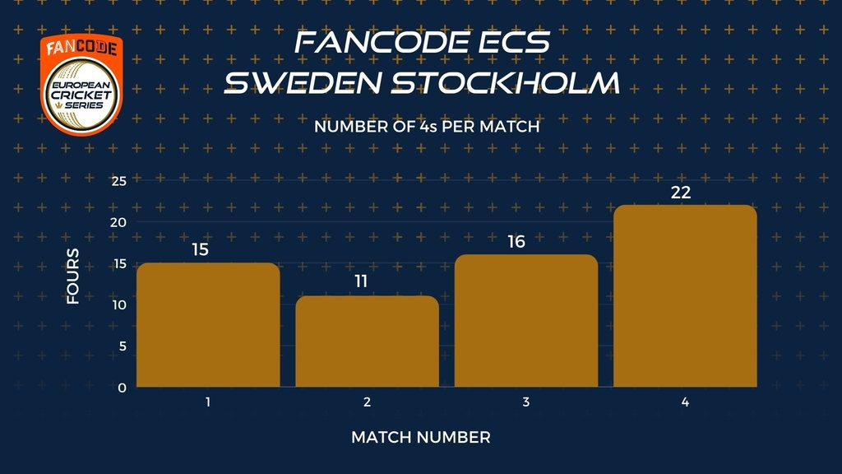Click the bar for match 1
pos(208,324)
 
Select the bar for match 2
pos(368,342)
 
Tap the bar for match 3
pos(526,321)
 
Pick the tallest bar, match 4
pos(685,295)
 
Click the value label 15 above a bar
pos(201,249)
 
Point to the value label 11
pos(361,281)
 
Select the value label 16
pos(516,242)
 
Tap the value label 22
pos(681,193)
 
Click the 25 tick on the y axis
pos(119,181)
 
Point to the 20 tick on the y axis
pos(118,222)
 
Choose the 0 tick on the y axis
pos(123,388)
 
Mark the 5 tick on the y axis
pos(123,346)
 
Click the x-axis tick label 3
pos(526,402)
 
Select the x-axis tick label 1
pos(208,402)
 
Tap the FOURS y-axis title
pos(73,276)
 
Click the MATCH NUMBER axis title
pos(421,438)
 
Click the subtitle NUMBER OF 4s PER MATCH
pos(427,127)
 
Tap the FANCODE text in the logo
pos(81,49)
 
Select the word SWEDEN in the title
pos(303,83)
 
